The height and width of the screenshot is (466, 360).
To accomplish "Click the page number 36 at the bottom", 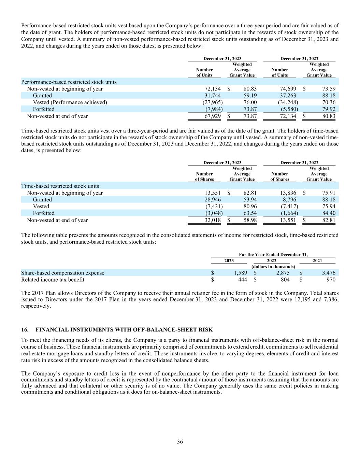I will pyautogui.click(x=180, y=442).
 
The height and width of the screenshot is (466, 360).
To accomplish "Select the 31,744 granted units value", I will pyautogui.click(x=213, y=96).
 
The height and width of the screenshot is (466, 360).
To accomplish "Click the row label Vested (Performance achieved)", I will pyautogui.click(x=70, y=102).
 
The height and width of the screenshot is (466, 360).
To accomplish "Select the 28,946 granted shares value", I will pyautogui.click(x=213, y=200).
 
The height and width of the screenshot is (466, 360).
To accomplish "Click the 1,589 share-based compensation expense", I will pyautogui.click(x=240, y=273).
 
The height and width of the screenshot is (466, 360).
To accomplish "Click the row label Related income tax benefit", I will pyautogui.click(x=53, y=280).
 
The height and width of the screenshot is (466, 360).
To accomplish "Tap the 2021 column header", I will pyautogui.click(x=317, y=260).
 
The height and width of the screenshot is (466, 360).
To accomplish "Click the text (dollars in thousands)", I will pyautogui.click(x=273, y=267).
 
